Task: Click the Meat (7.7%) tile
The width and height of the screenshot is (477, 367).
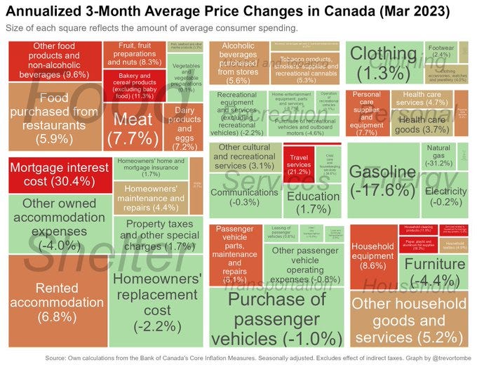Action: pos(133,128)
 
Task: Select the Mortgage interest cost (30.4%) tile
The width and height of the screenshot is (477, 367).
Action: pos(59,175)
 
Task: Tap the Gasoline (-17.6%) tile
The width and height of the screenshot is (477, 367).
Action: pos(383,181)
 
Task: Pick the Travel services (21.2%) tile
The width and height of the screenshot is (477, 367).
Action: pos(297,163)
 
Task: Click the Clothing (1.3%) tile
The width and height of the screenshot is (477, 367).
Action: pos(382,63)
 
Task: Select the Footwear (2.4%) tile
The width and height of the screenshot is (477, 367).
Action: pos(441,51)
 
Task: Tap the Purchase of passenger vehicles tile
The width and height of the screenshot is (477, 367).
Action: pos(276,319)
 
